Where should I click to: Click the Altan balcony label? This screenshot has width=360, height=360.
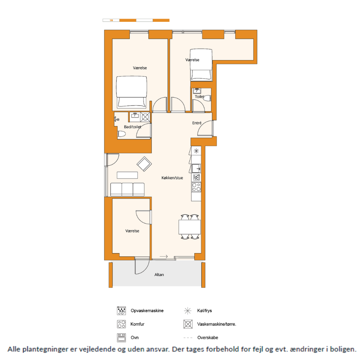click(x=159, y=275)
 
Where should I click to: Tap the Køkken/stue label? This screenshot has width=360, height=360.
click(x=172, y=178)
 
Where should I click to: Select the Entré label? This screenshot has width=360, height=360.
click(x=197, y=123)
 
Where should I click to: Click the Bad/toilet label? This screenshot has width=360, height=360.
click(x=133, y=127)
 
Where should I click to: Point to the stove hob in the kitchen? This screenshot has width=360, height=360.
click(x=196, y=187)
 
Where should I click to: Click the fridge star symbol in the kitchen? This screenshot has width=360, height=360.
click(x=196, y=151)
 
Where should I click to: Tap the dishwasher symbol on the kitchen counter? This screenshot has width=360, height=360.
click(x=196, y=177)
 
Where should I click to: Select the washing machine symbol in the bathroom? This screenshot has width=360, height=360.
click(x=145, y=117)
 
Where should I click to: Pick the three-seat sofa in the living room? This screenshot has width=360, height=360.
click(x=127, y=189)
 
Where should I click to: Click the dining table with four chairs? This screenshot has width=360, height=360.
click(x=189, y=227)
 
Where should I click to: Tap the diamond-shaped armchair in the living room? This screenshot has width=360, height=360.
click(x=144, y=164)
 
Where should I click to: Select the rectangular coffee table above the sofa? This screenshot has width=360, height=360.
click(x=127, y=175)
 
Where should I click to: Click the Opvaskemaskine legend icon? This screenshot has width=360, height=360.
click(x=121, y=311)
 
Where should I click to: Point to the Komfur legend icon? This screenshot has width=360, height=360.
click(x=121, y=324)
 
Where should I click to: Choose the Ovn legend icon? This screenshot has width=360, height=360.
click(x=121, y=338)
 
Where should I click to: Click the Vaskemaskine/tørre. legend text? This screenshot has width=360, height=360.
click(x=217, y=324)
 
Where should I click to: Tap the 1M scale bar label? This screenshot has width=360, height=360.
click(x=111, y=20)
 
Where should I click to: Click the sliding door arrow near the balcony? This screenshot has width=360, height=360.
click(x=164, y=256)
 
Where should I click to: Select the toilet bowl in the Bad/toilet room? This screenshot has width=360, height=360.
click(x=121, y=134)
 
